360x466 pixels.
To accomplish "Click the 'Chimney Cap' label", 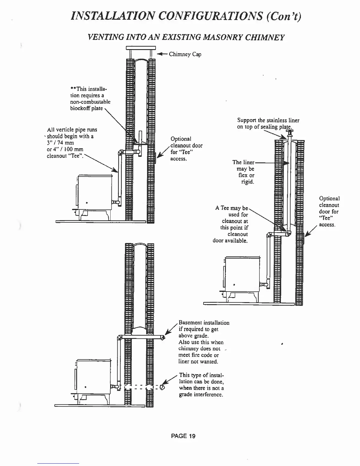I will [x=185, y=54].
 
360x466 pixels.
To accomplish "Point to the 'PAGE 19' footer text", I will [x=183, y=436].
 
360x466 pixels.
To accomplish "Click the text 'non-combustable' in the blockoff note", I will [x=90, y=102].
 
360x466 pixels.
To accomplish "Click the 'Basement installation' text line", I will [x=204, y=323].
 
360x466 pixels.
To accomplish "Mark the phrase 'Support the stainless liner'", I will [x=268, y=120].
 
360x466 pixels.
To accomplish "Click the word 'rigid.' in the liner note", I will [x=248, y=182].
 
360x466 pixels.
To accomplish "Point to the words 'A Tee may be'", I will [x=232, y=208].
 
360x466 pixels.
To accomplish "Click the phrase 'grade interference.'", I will [x=201, y=395].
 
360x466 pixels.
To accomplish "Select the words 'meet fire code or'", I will [x=199, y=355].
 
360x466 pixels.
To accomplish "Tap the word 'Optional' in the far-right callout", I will [x=329, y=199].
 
